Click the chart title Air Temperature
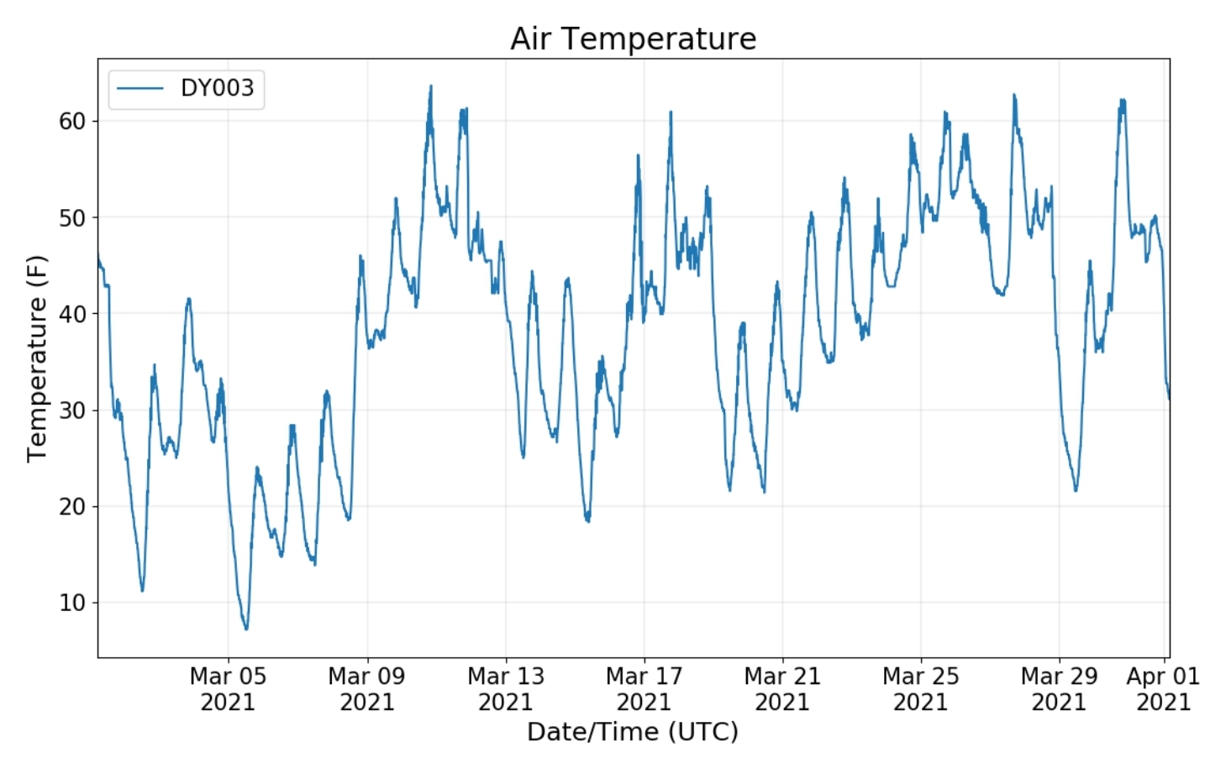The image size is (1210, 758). coord(633,39)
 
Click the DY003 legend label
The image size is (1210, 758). coord(217,88)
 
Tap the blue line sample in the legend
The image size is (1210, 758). coord(139,88)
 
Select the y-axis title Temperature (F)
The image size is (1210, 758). coord(37,358)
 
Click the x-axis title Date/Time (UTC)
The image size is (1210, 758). coord(633,732)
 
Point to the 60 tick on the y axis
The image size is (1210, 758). coord(72,122)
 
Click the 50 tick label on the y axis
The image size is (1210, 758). coord(72,218)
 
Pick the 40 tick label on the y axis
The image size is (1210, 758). coord(72,314)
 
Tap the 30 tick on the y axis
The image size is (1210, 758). coord(72,410)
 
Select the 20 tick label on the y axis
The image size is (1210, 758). coord(72,506)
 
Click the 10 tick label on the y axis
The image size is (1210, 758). coord(72,603)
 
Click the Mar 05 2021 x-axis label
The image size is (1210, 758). coord(228,689)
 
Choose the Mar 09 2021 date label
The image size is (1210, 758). coord(366,689)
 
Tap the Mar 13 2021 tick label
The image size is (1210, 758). coord(506,689)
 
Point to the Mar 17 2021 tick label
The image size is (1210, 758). coord(644,689)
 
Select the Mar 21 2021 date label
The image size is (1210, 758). coord(782,689)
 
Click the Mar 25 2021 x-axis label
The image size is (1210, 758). coord(920,689)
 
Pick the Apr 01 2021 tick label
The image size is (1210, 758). coord(1164,689)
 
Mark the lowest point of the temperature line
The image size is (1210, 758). coord(246,629)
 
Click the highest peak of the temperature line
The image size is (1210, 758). coord(430,86)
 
